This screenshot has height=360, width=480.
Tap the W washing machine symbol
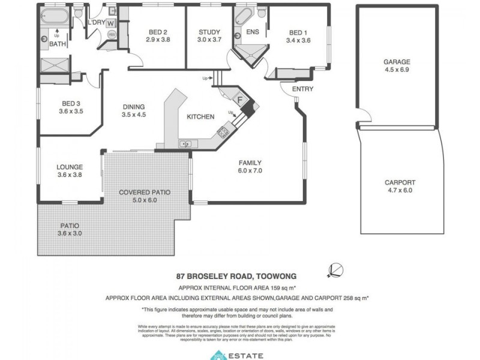click(112, 23)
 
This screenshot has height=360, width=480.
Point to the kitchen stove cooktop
click(224, 131)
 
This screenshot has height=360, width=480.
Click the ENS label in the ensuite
click(252, 32)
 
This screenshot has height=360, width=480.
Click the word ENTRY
click(302, 89)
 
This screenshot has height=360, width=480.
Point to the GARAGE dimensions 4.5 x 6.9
click(397, 70)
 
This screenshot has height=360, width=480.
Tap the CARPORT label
click(400, 182)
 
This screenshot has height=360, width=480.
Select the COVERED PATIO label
click(144, 193)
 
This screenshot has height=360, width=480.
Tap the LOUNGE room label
click(70, 167)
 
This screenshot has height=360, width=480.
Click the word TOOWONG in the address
click(276, 277)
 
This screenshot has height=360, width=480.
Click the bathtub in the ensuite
click(244, 14)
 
